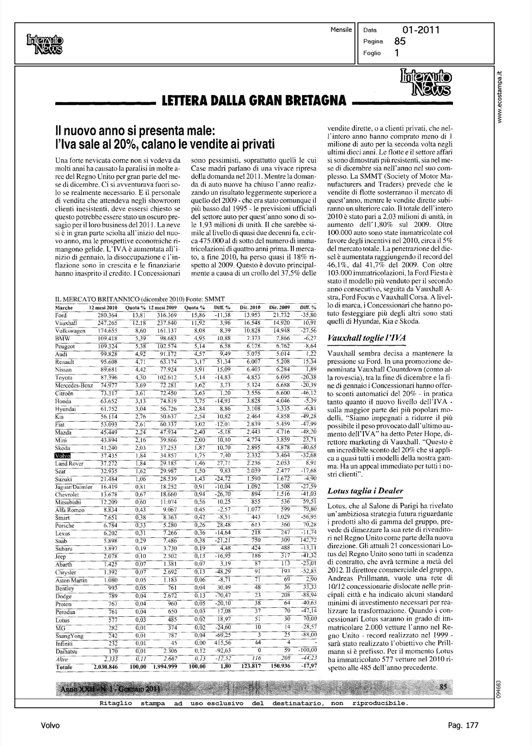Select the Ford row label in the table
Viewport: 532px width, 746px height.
click(61, 316)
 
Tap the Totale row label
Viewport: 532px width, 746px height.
click(64, 667)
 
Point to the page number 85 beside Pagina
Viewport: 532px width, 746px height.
click(400, 42)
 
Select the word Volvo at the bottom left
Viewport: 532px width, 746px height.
click(50, 726)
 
